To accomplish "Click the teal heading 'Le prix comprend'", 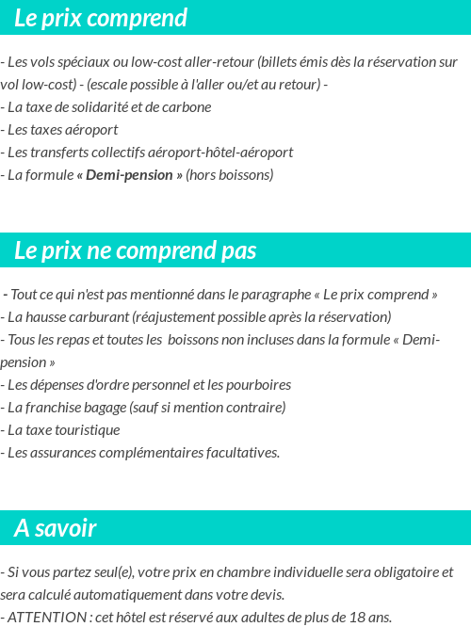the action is tap(101, 18).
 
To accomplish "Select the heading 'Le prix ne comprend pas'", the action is tap(136, 250).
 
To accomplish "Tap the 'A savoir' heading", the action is tap(56, 528).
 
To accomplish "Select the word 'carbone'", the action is tap(187, 107).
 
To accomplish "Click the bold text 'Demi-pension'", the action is tap(129, 175).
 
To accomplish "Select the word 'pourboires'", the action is tap(257, 385).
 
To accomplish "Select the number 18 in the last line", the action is tap(357, 618).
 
